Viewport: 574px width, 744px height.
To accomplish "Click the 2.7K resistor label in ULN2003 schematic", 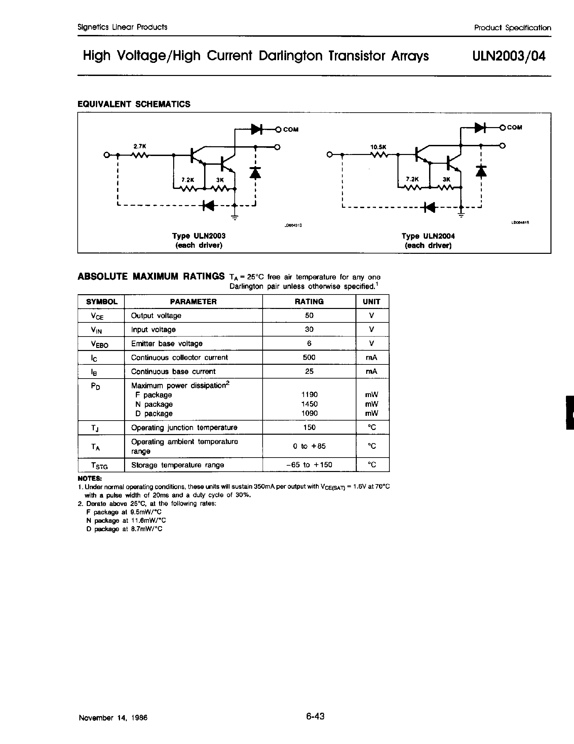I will [x=140, y=146].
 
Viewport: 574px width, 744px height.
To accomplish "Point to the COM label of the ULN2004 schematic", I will [x=514, y=127].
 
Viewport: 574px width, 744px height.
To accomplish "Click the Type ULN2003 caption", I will [x=199, y=236].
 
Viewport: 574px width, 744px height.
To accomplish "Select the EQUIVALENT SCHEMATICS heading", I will [x=134, y=104].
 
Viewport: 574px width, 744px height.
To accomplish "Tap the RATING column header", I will [x=309, y=302].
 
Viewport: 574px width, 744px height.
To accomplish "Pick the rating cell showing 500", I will [x=309, y=357].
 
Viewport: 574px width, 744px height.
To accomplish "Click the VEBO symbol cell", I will [x=100, y=344].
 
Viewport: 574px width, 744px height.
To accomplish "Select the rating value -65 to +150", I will [x=309, y=465].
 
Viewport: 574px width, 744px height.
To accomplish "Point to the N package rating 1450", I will [x=309, y=404].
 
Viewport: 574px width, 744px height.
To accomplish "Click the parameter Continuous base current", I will [x=173, y=371].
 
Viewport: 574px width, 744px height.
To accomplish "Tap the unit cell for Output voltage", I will [x=372, y=315].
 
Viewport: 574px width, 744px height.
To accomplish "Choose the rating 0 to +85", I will [x=309, y=446].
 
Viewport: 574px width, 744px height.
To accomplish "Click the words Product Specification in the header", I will [x=512, y=28].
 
